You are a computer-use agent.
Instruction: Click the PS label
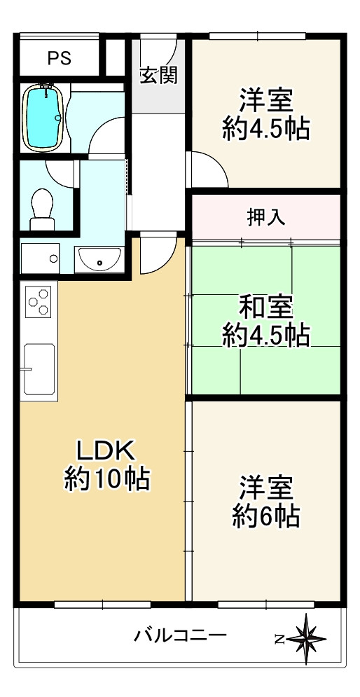pyautogui.click(x=60, y=59)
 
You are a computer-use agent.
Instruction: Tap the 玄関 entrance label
pyautogui.click(x=158, y=75)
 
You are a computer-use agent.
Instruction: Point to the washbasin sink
pyautogui.click(x=99, y=259)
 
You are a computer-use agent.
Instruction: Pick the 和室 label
pyautogui.click(x=266, y=306)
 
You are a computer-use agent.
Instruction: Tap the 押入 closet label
pyautogui.click(x=266, y=217)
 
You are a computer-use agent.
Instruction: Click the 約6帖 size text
pyautogui.click(x=266, y=516)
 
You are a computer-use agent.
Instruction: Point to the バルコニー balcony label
pyautogui.click(x=180, y=636)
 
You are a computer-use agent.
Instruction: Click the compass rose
pyautogui.click(x=307, y=638)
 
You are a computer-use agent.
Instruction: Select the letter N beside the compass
pyautogui.click(x=279, y=638)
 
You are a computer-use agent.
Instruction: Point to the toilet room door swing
pyautogui.click(x=59, y=172)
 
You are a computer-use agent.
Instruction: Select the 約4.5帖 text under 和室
pyautogui.click(x=266, y=336)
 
